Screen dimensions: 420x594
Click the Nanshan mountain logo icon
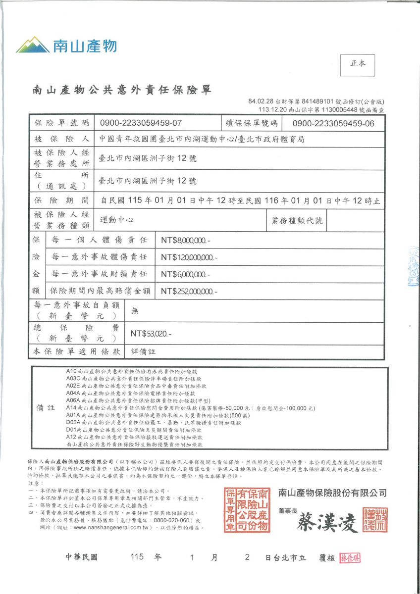coord(32,45)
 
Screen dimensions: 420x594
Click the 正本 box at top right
coord(358,65)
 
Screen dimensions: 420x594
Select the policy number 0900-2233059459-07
coord(141,123)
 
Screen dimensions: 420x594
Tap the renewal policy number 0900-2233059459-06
coord(333,123)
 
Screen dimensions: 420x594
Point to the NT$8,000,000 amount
coord(185,241)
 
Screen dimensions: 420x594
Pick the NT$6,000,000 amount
coord(185,274)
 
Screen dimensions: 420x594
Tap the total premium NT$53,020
coord(151,334)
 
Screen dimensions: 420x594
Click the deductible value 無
coord(135,310)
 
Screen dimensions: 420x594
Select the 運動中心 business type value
coord(116,220)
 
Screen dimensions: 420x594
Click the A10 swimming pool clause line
coord(131,371)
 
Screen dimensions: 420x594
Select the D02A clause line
coord(153,423)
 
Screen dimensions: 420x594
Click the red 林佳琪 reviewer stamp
coord(350,558)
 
